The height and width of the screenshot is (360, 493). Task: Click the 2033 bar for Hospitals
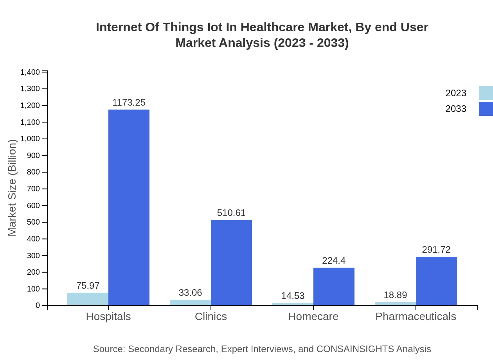(129, 207)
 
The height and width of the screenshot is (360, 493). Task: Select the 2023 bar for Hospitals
(88, 299)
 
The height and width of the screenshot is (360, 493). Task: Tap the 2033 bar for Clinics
(231, 263)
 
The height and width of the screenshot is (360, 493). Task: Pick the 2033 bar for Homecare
(334, 286)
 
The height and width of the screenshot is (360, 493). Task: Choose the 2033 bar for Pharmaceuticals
(436, 281)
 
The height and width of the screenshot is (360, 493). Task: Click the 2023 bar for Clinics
(190, 302)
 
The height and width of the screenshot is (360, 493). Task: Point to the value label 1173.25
(129, 103)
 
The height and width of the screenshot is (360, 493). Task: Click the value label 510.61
(231, 213)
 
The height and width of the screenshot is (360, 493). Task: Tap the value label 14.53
(293, 296)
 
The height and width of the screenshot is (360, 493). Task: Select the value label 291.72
(436, 250)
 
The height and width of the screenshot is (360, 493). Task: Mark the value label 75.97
(88, 286)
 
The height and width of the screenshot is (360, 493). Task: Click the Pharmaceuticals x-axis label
(416, 316)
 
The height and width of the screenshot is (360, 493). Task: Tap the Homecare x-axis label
(313, 316)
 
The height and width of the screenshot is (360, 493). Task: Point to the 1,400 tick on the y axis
(30, 72)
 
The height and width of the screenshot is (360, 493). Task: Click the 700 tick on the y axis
(34, 189)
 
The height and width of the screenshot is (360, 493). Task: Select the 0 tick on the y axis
(38, 306)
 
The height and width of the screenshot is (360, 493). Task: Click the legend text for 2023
(456, 93)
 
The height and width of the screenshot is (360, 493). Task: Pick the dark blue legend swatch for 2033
(486, 109)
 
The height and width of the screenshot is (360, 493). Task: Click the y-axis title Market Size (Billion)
(12, 188)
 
